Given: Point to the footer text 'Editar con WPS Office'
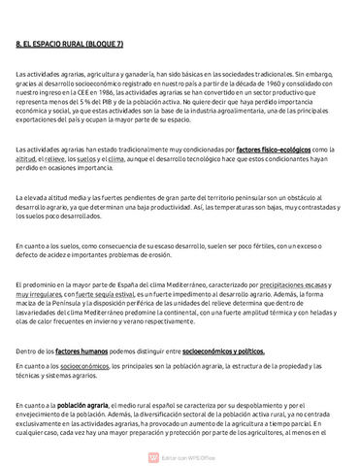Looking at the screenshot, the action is point(185,456).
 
